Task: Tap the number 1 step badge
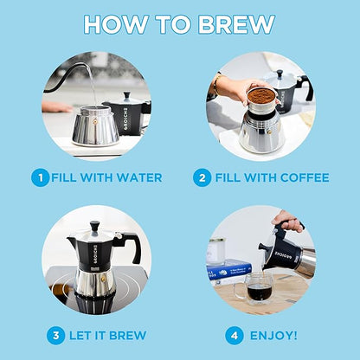tap(40, 177)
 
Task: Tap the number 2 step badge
tap(202, 177)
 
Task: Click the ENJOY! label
tap(275, 335)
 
